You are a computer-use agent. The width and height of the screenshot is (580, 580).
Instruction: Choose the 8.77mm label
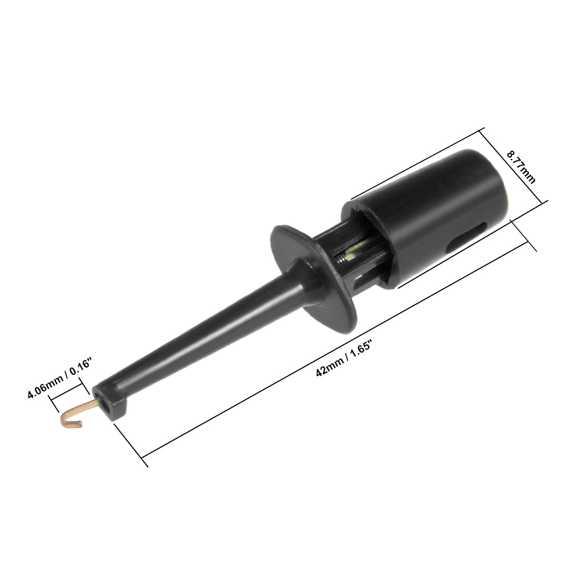pos(520,167)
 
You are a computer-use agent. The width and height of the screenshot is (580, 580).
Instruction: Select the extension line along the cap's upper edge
pos(417,163)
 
